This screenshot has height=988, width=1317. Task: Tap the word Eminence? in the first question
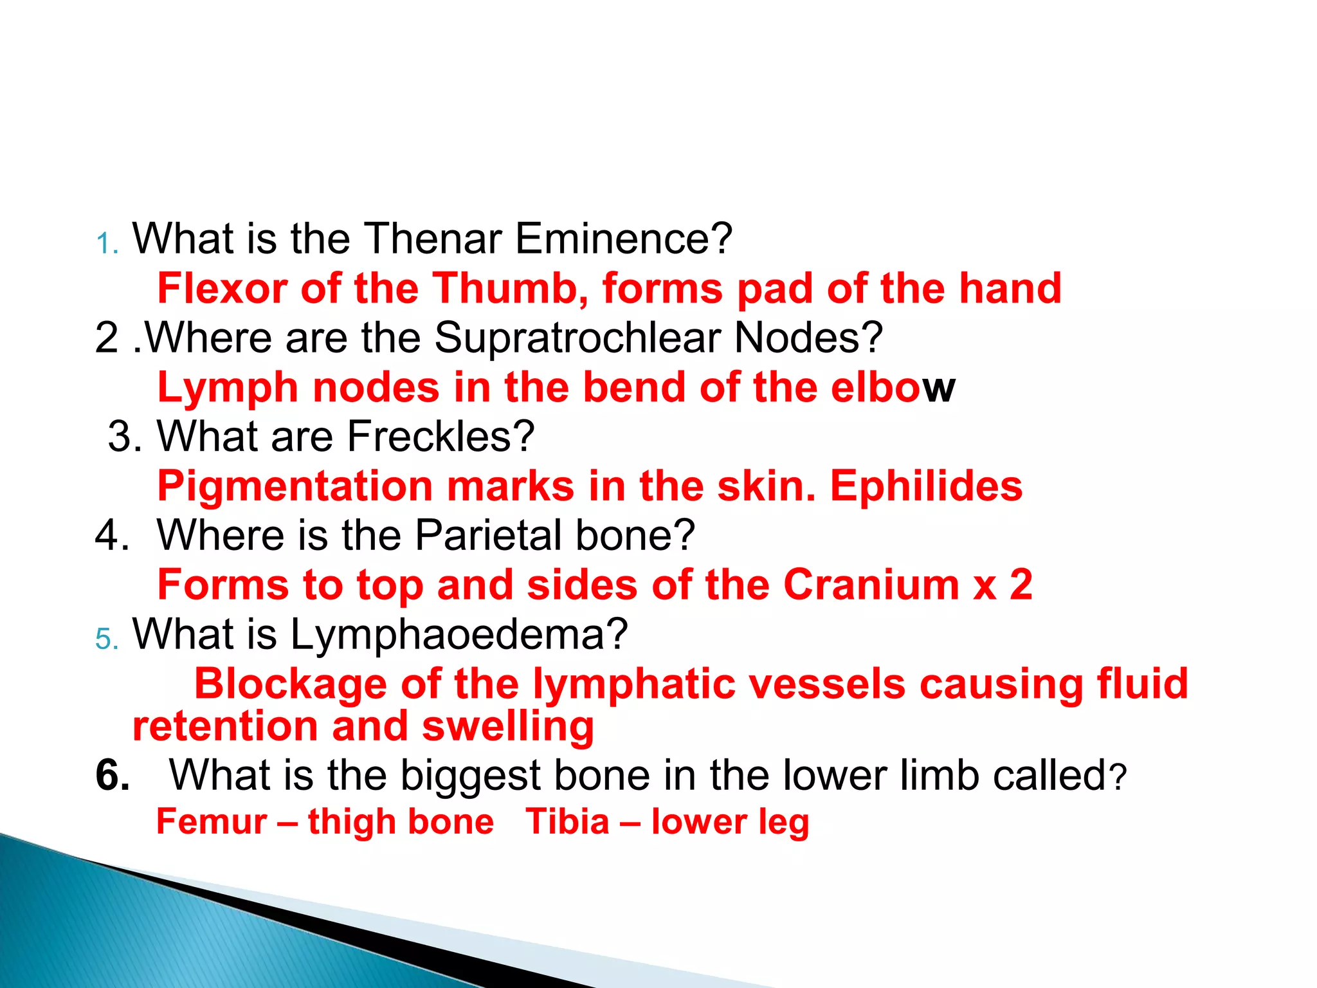(x=623, y=239)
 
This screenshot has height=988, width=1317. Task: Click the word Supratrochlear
(x=577, y=338)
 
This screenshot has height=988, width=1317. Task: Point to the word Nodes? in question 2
(x=808, y=338)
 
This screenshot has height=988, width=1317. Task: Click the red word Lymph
(x=228, y=389)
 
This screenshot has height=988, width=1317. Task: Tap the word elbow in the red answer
(x=893, y=387)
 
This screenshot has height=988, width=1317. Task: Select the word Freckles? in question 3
(x=441, y=437)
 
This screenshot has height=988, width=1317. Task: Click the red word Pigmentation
(x=295, y=487)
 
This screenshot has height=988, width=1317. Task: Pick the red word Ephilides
(x=926, y=486)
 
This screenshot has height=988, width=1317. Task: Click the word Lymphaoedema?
(x=459, y=635)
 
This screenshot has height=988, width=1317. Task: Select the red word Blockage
(x=291, y=683)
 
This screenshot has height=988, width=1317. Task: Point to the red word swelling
(x=507, y=727)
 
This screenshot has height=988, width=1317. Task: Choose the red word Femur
(x=212, y=822)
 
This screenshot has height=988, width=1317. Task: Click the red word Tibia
(x=567, y=822)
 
